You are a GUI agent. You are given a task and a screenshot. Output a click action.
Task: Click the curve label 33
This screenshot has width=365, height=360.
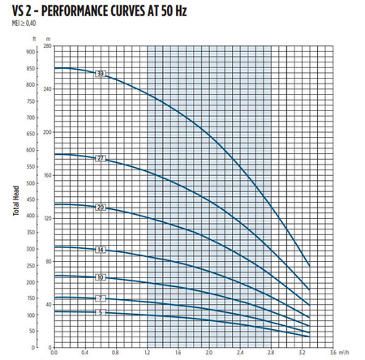coord(101,75)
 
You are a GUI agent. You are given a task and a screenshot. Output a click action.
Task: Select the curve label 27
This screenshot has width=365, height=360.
coord(101,157)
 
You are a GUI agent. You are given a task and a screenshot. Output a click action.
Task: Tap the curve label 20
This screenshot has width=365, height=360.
coord(101,208)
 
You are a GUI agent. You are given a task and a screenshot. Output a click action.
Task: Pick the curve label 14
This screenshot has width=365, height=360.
coord(101,250)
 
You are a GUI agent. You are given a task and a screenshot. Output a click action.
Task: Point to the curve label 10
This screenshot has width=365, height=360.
coord(101,277)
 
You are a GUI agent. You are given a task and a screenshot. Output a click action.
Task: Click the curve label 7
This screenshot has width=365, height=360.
coord(101,299)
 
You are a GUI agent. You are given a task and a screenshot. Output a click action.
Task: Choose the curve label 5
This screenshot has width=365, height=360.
coord(101,312)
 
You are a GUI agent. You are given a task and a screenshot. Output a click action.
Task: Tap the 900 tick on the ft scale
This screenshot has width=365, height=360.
coord(30,51)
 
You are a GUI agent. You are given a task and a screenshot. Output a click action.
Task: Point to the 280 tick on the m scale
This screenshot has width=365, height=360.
coord(47,46)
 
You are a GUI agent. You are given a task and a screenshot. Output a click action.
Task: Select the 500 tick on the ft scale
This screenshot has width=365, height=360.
coord(30,183)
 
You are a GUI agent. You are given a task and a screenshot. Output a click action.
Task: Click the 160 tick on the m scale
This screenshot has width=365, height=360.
coord(47,174)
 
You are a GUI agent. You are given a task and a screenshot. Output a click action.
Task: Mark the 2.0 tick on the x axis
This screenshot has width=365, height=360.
coord(209,351)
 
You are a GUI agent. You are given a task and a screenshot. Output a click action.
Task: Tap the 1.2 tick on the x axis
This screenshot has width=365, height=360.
coord(147,351)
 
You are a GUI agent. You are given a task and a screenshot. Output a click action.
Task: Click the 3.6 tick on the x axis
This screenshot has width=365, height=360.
coord(333,351)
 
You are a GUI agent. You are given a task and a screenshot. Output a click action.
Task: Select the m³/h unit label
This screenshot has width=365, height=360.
coord(347,351)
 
